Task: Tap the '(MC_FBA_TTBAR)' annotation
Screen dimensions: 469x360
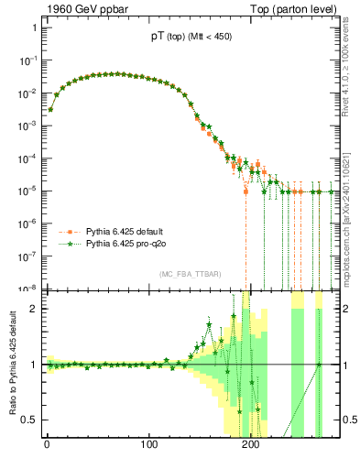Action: pyautogui.click(x=190, y=274)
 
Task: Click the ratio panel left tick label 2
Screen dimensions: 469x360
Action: pyautogui.click(x=34, y=309)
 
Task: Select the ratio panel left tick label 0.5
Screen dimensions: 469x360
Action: pyautogui.click(x=30, y=420)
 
